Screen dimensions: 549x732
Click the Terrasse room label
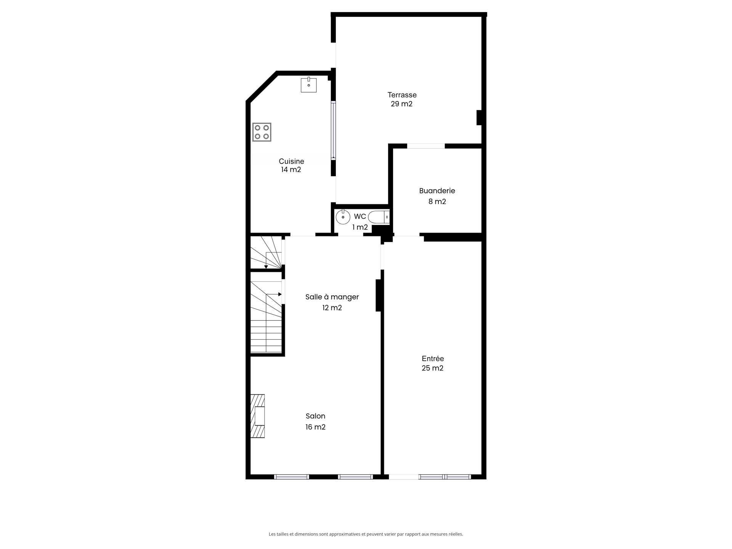402,95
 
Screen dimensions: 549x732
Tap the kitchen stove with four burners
262,132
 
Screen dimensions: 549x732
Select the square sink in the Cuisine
308,85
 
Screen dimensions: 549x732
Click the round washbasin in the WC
343,217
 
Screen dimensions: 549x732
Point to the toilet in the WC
379,217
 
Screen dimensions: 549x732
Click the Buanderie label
437,191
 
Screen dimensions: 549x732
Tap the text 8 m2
437,202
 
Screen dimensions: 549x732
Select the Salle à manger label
332,297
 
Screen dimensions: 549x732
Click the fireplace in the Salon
258,416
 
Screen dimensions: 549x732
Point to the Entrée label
433,359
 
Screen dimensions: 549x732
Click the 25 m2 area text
432,368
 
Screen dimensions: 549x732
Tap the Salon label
315,416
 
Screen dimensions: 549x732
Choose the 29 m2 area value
401,104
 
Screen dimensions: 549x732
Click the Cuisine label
291,161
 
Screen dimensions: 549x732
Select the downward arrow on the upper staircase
266,266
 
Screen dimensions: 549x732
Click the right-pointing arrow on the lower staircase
279,294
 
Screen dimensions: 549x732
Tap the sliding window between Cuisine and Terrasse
333,130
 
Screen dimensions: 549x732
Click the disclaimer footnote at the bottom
366,534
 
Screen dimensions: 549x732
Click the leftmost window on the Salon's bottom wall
291,477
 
